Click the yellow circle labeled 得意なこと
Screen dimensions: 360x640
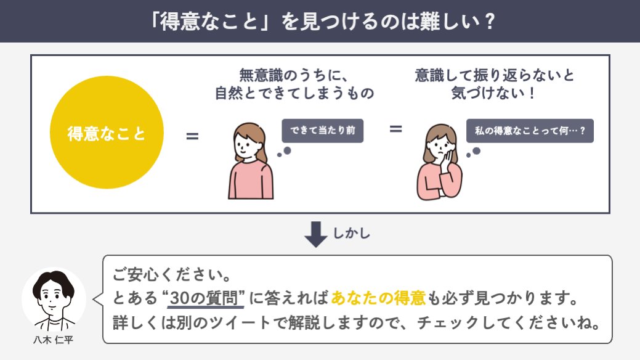[106, 133]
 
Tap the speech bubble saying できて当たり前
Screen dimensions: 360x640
[322, 130]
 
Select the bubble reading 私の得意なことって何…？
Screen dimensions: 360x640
[530, 131]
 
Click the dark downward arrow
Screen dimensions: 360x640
[316, 234]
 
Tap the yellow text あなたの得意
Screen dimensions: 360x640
[378, 298]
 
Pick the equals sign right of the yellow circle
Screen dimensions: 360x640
[192, 135]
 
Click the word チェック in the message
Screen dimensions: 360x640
[448, 323]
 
